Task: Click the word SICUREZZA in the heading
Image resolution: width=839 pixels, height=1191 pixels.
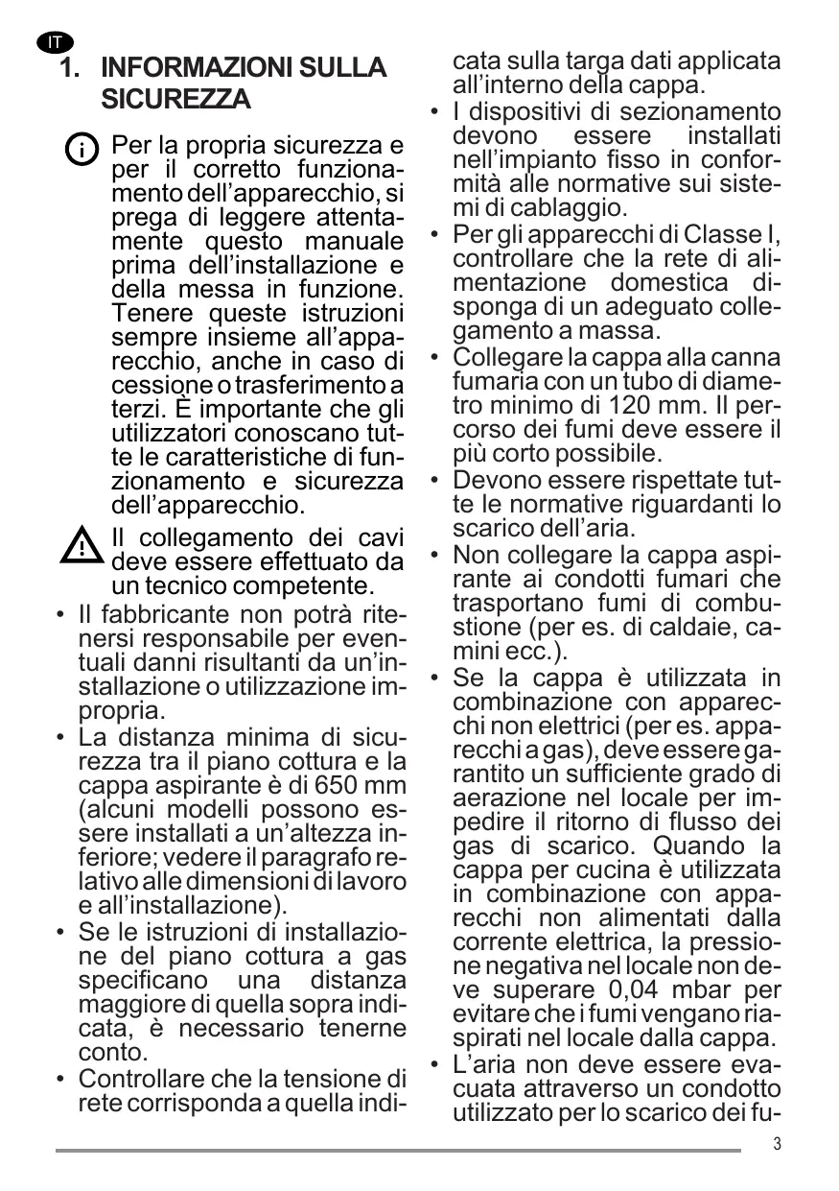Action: coord(175,99)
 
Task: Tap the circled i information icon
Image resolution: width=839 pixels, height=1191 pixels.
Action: coord(82,150)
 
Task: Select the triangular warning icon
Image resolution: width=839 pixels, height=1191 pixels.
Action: coord(82,546)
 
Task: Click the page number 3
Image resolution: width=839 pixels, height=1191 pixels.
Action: coord(777,1143)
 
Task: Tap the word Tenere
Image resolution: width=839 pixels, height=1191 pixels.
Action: coord(150,314)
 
